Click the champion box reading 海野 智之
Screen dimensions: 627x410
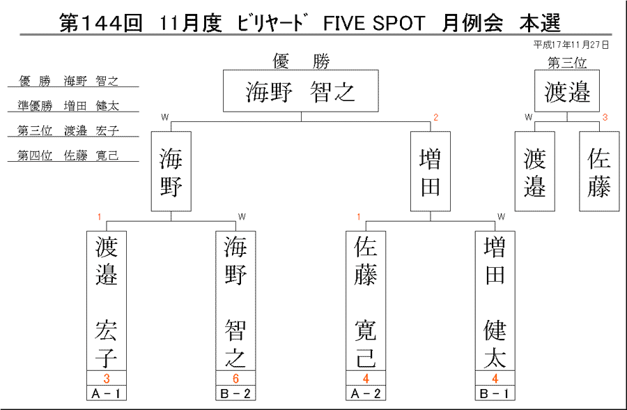tap(301, 91)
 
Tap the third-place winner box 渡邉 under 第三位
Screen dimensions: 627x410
tap(567, 91)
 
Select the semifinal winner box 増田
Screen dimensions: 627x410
tap(431, 172)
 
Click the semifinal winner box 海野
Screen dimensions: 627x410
tap(171, 172)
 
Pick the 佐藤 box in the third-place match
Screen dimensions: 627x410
tap(599, 172)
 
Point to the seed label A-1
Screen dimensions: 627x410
tap(107, 393)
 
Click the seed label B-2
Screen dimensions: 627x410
tap(235, 393)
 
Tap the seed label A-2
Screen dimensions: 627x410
tap(366, 393)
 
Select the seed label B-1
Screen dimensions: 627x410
tap(495, 393)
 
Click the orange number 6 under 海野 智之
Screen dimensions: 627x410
tap(235, 379)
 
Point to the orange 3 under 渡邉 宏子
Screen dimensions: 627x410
tap(107, 379)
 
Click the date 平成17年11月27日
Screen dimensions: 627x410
tap(571, 45)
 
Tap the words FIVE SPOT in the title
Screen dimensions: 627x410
tap(374, 23)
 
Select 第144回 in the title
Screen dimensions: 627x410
tap(101, 23)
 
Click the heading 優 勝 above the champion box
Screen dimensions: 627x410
tap(301, 61)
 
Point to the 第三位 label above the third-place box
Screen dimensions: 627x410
tap(567, 63)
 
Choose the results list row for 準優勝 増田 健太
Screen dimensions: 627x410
tap(68, 106)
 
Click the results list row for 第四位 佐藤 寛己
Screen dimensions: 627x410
tap(68, 155)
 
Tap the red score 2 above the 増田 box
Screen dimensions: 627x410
tap(436, 117)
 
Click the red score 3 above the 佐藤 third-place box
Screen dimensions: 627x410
tap(605, 117)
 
